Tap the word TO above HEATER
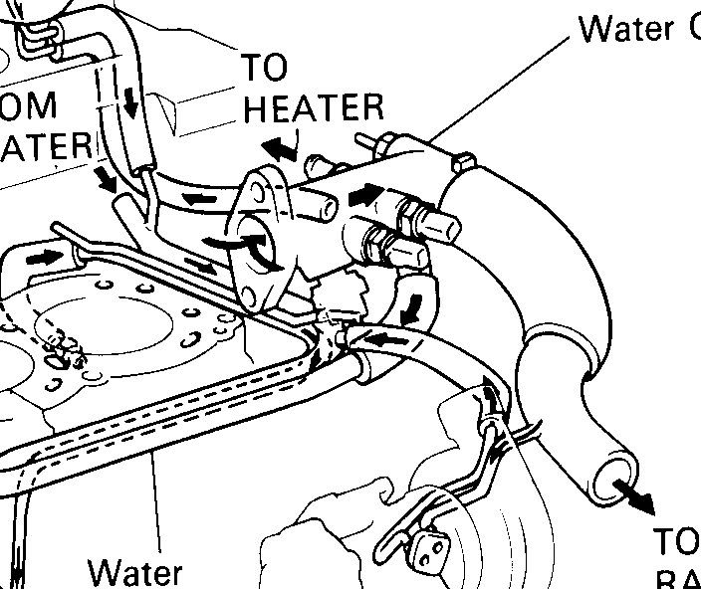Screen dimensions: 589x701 pyautogui.click(x=264, y=68)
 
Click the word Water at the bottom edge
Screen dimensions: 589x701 pyautogui.click(x=135, y=574)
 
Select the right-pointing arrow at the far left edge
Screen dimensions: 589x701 pyautogui.click(x=42, y=258)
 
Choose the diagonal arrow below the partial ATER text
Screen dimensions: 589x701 pyautogui.click(x=104, y=176)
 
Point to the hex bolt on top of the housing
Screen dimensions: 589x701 pyautogui.click(x=463, y=159)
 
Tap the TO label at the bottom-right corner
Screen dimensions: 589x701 pyautogui.click(x=677, y=541)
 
